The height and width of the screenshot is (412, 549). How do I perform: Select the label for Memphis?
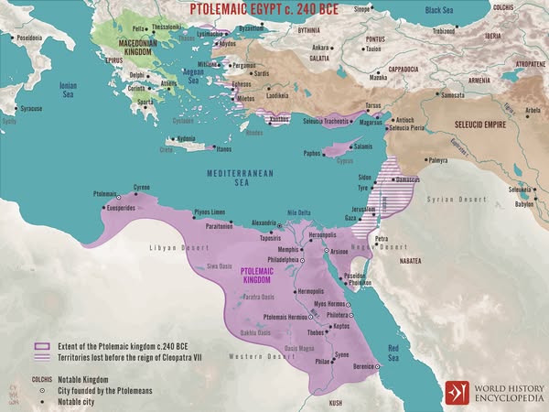290,248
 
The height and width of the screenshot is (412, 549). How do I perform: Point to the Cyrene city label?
142,187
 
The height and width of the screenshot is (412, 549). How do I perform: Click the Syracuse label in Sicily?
31,108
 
